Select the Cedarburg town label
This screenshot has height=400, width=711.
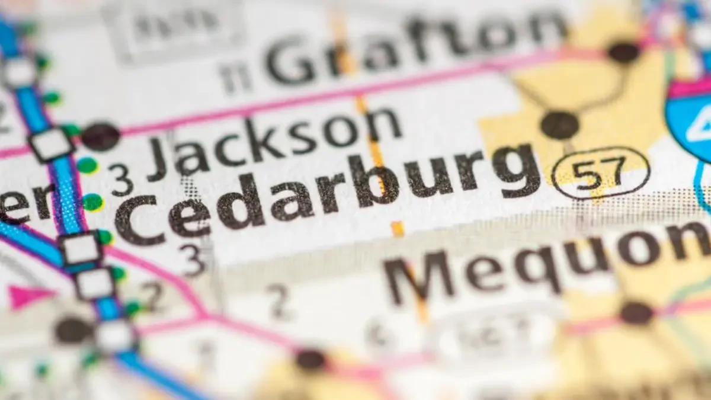tap(326, 190)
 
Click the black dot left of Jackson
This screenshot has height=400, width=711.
tap(100, 136)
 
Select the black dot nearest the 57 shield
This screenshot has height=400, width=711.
tap(559, 125)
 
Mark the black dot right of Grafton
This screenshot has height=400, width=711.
tap(623, 52)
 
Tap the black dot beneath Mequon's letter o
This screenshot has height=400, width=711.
tap(636, 312)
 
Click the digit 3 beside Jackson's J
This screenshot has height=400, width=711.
tap(121, 180)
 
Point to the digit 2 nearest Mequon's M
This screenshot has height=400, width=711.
tap(278, 302)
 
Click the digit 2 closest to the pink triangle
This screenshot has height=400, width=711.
tap(153, 296)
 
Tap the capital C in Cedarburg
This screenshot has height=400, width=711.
tap(139, 219)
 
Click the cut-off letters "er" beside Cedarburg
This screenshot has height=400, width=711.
tap(27, 201)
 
